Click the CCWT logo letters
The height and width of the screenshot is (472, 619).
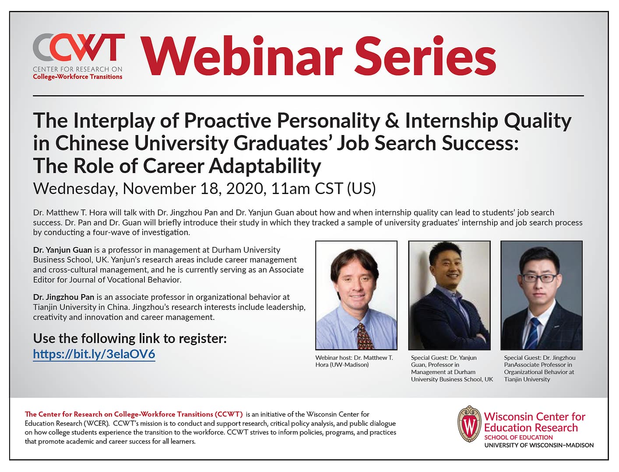coord(78,48)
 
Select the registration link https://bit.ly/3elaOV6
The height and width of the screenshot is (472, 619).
coord(94,354)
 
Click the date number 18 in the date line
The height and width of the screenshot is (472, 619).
coord(210,188)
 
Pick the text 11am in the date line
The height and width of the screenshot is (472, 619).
coord(290,188)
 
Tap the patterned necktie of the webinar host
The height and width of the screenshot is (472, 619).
coord(364,337)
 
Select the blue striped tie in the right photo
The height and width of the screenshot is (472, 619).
coord(533,334)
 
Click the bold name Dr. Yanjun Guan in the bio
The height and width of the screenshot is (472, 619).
coord(62,250)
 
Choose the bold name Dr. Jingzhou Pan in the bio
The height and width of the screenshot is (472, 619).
coord(63,297)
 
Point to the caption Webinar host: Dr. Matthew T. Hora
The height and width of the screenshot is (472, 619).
coord(354,361)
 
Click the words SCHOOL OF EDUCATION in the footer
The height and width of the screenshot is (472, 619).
coord(518,437)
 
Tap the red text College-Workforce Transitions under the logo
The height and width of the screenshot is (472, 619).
coord(77,77)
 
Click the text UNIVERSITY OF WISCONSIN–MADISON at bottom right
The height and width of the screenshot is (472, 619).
coord(539,445)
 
